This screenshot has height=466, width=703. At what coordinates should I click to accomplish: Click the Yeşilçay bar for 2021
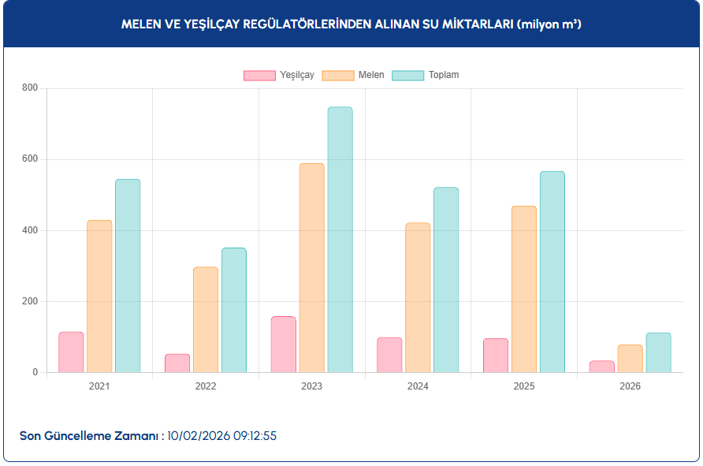pos(71,352)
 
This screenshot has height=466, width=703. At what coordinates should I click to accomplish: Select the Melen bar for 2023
pos(311,268)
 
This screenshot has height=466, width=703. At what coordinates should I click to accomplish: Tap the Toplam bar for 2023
pos(340,240)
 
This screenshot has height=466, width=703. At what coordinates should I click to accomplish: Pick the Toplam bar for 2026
pos(658,352)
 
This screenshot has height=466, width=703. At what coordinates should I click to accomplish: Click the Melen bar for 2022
pos(206,319)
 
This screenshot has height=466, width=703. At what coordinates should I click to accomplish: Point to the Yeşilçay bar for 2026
pos(601,367)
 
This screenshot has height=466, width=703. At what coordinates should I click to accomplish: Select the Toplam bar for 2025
pos(552,272)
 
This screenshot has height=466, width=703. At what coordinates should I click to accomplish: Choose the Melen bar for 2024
pos(418,297)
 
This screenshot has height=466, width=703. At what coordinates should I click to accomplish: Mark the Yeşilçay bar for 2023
pos(283,345)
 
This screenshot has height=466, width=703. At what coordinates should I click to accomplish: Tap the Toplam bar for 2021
pos(128,276)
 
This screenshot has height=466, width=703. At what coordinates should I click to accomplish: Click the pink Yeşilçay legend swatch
pos(259,76)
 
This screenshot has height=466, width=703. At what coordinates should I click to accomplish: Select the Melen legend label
pos(371,76)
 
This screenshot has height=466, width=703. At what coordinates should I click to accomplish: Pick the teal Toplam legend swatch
pos(408,76)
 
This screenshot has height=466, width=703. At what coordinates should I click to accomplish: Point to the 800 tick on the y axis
pos(29,88)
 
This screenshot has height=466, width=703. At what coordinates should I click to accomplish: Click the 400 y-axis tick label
pos(29,230)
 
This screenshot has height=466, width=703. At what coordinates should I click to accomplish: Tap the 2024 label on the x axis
pos(418,386)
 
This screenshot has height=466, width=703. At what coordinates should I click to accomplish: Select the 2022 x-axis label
pos(206,386)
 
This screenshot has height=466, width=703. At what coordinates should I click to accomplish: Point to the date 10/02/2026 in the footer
pos(199,435)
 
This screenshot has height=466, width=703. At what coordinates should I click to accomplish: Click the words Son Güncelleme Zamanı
pos(89,435)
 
